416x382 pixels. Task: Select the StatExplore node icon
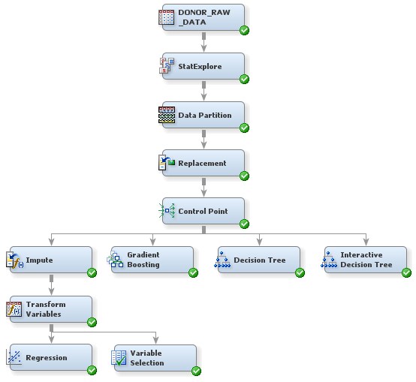(x=167, y=66)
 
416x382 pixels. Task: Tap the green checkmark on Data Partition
(x=244, y=128)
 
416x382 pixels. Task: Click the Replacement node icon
(x=167, y=163)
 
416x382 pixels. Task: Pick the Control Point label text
(x=202, y=212)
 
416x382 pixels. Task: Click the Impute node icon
(x=14, y=260)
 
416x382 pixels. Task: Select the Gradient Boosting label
(x=143, y=260)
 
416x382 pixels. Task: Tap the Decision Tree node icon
(x=223, y=260)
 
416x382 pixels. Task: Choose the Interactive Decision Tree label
(x=366, y=260)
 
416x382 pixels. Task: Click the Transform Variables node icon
(x=14, y=308)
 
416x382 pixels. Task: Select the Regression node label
(x=47, y=358)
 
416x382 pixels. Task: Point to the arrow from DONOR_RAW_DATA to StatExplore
(x=203, y=44)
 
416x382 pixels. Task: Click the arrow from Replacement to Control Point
(x=203, y=188)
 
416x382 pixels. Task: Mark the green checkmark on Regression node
(x=92, y=370)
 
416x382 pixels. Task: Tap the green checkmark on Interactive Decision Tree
(x=405, y=272)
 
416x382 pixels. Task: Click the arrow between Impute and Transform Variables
(x=51, y=285)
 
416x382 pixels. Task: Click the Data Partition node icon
(x=167, y=115)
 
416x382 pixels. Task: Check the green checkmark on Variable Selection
(x=196, y=370)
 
